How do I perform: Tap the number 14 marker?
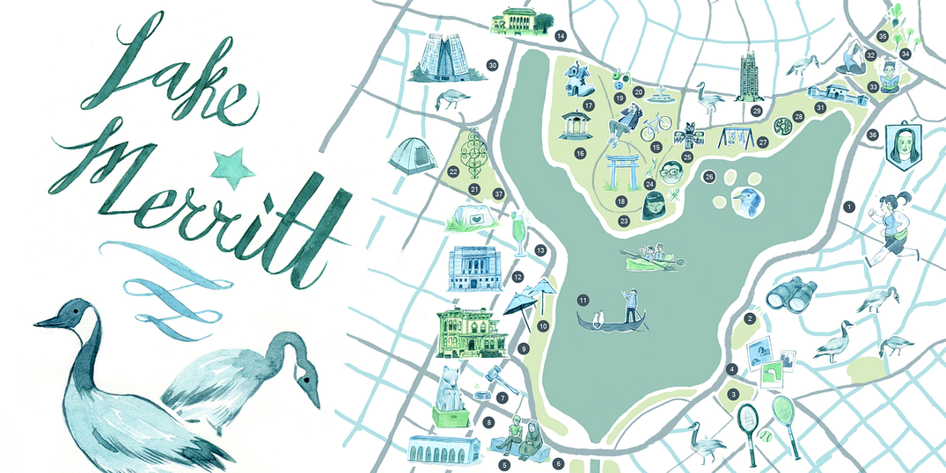[560, 36]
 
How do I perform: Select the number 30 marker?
[493, 65]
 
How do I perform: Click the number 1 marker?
[848, 207]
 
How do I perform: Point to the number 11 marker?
[583, 301]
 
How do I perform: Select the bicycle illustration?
[656, 128]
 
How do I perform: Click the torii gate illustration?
[622, 171]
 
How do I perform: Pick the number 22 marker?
[453, 171]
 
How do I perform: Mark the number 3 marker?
[733, 394]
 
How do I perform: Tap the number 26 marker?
[709, 177]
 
